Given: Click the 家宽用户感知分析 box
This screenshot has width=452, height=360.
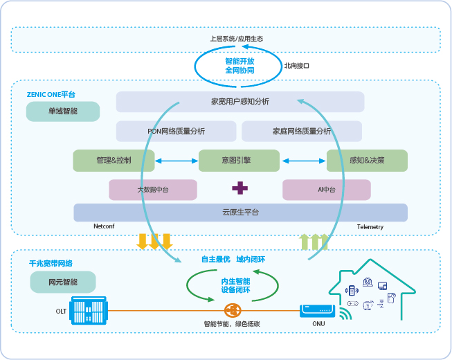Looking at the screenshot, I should (x=239, y=102).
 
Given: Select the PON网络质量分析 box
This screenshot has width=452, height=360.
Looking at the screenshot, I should (x=176, y=131).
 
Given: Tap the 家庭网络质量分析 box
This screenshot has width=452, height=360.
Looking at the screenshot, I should (x=301, y=131).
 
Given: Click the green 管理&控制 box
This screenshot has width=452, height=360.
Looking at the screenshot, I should (x=114, y=161).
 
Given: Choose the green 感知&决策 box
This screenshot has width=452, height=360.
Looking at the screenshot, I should (x=366, y=161).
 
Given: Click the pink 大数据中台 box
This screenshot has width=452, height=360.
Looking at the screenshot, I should (x=152, y=189).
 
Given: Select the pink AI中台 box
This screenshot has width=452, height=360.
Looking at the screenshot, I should (x=326, y=189).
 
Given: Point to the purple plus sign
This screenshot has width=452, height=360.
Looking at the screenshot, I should (x=239, y=188).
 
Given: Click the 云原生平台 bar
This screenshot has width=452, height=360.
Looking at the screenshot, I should (x=239, y=212).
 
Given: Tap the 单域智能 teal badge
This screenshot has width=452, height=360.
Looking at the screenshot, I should (x=63, y=111).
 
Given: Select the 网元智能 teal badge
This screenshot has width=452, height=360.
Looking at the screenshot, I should (x=63, y=282).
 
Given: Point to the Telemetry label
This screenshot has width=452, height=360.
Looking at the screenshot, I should (x=370, y=227).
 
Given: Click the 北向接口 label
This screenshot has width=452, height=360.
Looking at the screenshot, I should (x=296, y=66).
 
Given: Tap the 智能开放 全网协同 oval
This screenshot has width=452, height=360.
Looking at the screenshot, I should (x=239, y=66).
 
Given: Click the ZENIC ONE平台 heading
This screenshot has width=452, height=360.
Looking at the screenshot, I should (x=51, y=93).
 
